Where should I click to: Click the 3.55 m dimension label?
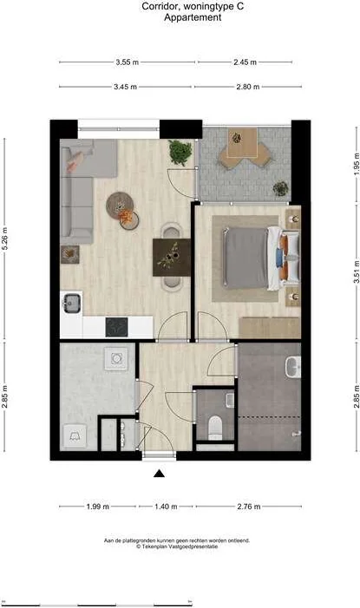coord(127,62)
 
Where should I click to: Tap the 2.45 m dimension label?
coord(245,62)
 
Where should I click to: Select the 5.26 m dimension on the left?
coord(5,239)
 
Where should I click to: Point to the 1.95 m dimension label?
coord(357,164)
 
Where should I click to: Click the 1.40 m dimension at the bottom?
coord(166,507)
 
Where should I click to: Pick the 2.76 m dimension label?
coord(249,507)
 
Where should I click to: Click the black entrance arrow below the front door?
coord(159,474)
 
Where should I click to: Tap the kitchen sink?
coord(72,303)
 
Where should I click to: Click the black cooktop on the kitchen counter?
coord(117,327)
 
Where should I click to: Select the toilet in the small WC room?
coord(215,428)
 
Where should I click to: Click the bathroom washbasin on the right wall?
coord(293,368)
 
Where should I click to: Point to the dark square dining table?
coord(172,258)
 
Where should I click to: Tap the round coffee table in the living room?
coord(121,205)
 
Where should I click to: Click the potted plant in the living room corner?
coord(180,153)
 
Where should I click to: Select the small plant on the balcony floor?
coord(280,189)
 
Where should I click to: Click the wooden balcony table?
coord(242,143)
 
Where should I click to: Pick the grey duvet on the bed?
coord(246,258)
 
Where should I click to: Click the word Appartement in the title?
coord(193,17)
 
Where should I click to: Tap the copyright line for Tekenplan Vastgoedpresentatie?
coord(177,546)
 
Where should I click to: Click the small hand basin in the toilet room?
coord(230,401)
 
